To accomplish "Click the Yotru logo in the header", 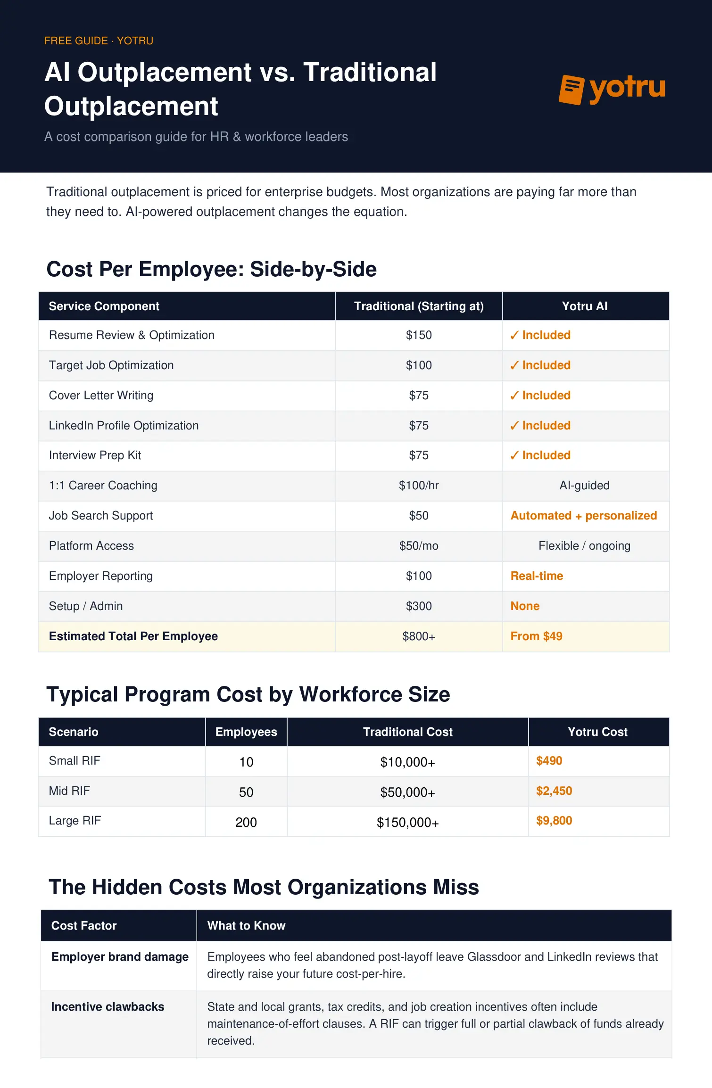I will click(x=612, y=89).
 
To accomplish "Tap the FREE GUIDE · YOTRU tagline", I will click(x=99, y=41).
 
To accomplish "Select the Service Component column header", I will click(x=104, y=306).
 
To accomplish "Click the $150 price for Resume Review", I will click(x=419, y=335).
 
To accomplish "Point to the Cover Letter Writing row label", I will click(x=101, y=396).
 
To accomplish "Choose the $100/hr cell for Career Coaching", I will click(x=419, y=486).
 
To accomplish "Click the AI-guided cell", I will click(x=584, y=486).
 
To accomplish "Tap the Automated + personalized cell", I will click(x=583, y=516).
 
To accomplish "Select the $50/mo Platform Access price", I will click(x=419, y=546).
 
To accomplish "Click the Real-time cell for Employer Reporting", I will click(x=537, y=576).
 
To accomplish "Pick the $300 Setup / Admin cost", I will click(x=419, y=606).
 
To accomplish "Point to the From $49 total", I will click(x=536, y=636).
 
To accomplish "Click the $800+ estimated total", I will click(x=419, y=636).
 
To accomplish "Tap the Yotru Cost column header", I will click(x=597, y=732).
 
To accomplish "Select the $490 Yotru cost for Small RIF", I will click(x=549, y=761).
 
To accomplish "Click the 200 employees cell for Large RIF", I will click(x=246, y=823).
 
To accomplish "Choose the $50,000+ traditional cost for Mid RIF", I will click(x=407, y=792).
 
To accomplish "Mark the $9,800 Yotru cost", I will click(x=554, y=821).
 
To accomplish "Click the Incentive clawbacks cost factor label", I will click(x=108, y=1007).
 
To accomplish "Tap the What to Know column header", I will click(x=246, y=926).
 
